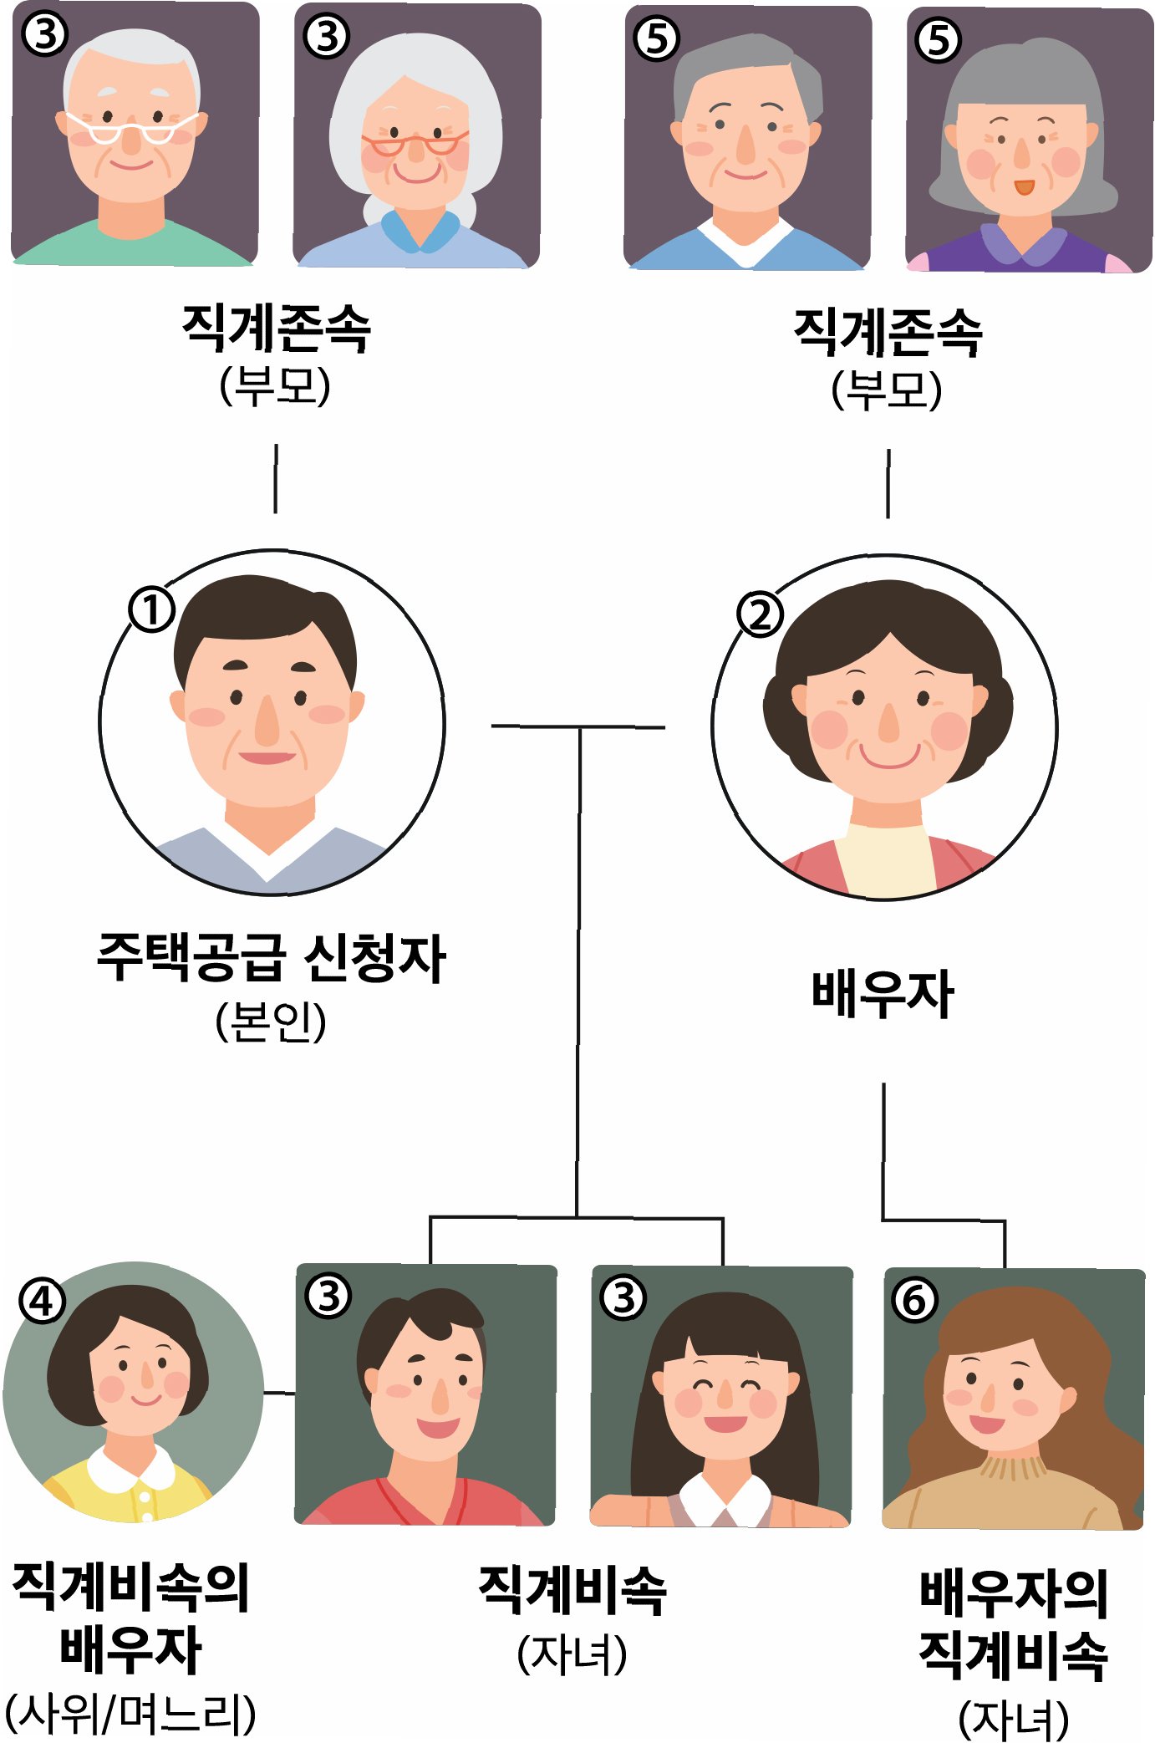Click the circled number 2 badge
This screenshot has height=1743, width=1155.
click(760, 614)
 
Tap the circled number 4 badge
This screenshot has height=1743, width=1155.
click(42, 1301)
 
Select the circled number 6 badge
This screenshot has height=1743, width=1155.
click(914, 1299)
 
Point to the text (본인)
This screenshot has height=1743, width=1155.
click(271, 1021)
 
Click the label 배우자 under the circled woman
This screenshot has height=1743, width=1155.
click(883, 994)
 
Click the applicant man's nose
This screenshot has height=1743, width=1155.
click(267, 724)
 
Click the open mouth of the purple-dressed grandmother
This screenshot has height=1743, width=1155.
click(1024, 186)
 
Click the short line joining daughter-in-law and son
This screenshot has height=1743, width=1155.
click(279, 1393)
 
